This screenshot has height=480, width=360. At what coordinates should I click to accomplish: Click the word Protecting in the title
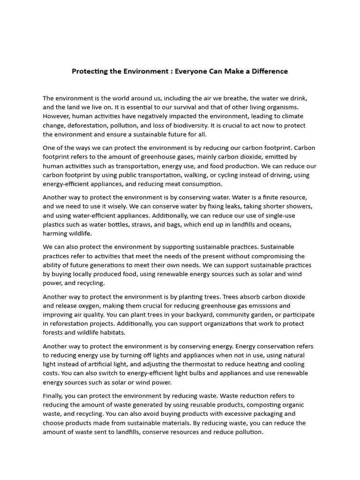88,71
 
